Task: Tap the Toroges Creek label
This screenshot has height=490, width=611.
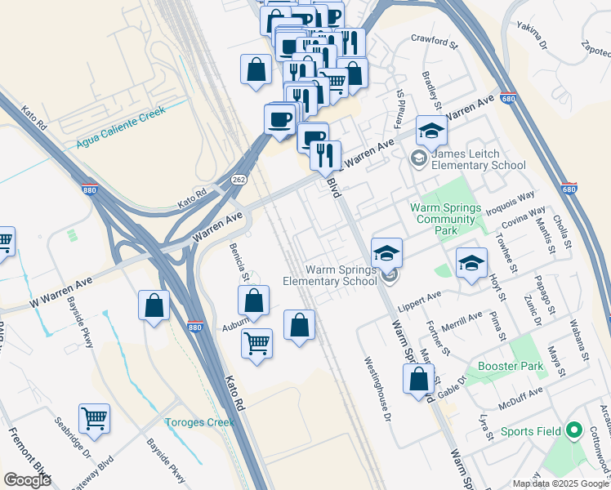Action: (199, 422)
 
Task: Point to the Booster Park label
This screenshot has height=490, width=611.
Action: (511, 367)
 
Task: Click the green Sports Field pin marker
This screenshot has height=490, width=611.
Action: (573, 430)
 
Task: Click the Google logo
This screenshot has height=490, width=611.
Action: (27, 480)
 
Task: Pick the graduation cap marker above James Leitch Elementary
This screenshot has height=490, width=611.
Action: (431, 128)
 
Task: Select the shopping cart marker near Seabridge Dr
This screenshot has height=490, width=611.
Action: (95, 418)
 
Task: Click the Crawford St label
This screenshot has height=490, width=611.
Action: (431, 39)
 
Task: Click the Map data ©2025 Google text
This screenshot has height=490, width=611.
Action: (560, 483)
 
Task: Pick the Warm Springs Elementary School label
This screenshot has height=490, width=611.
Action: (330, 275)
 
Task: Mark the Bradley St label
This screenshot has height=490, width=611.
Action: (430, 91)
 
